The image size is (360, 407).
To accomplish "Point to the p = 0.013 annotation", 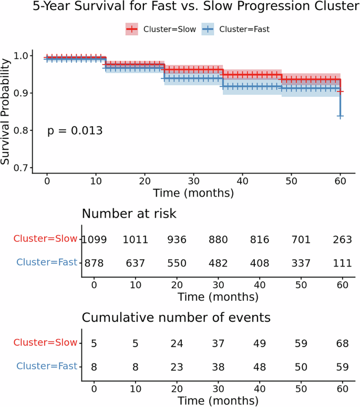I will (75, 130).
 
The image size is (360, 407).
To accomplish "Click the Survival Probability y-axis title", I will (6, 111).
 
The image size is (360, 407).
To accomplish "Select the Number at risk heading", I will (129, 214).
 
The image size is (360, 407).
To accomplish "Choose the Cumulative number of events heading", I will (176, 318).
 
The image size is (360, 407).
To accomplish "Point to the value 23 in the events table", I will (177, 366).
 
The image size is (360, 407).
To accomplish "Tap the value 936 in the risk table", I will (177, 239).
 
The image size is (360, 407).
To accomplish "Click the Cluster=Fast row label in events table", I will (47, 366).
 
